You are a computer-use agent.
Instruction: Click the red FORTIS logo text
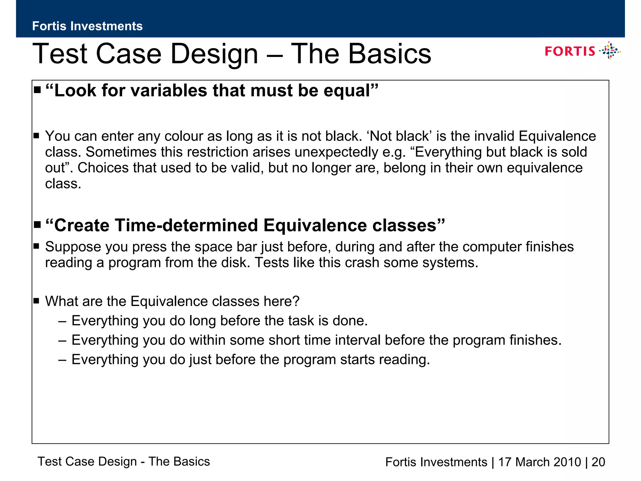click(x=570, y=51)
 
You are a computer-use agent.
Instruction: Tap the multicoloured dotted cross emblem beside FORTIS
click(x=610, y=51)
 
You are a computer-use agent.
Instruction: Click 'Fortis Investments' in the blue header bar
click(x=87, y=26)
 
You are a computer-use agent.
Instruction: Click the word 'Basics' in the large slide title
click(x=390, y=54)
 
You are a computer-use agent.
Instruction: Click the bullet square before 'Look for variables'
click(x=38, y=90)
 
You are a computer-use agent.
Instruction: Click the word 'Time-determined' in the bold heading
click(x=187, y=225)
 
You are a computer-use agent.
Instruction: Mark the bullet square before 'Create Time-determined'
click(x=38, y=225)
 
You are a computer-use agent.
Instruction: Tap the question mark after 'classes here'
click(x=296, y=301)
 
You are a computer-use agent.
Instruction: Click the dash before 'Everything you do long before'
click(x=62, y=321)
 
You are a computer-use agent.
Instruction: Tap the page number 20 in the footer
click(x=598, y=462)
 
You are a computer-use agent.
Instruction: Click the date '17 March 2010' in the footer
click(x=539, y=462)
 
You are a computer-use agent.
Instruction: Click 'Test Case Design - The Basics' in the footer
click(x=124, y=462)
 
